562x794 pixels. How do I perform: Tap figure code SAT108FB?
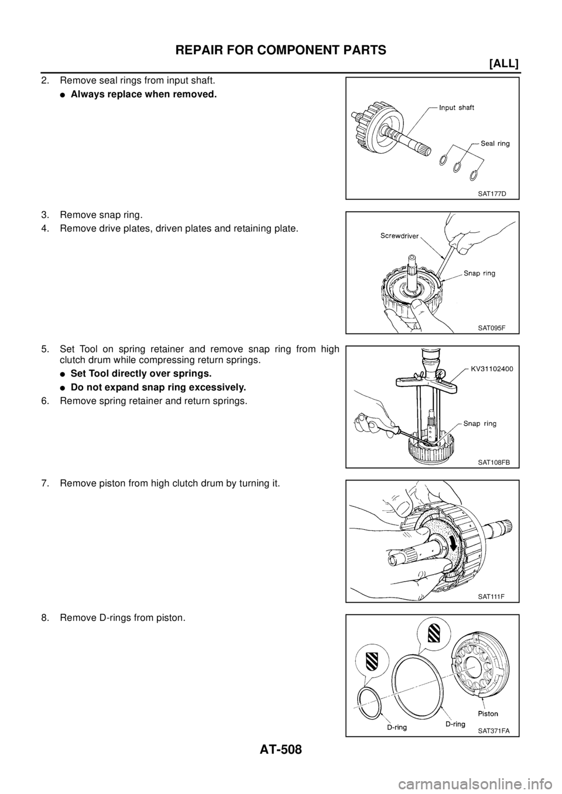pos(494,462)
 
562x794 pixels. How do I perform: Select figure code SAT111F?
pos(491,596)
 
